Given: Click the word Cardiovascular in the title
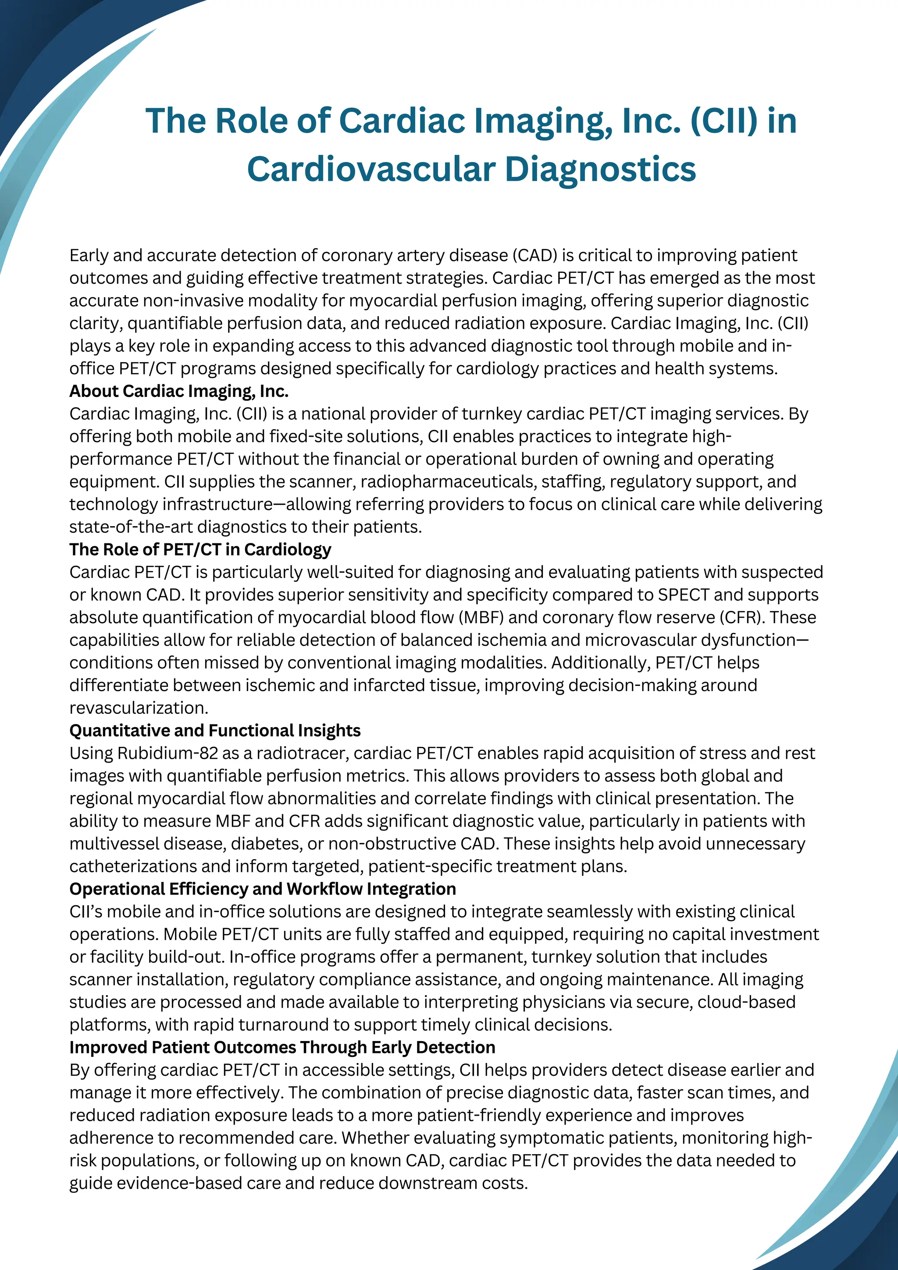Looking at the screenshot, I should [371, 169].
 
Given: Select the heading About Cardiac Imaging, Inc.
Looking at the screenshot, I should [178, 391].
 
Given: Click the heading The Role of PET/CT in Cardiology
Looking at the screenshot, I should [200, 549].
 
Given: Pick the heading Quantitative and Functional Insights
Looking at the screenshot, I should [214, 730].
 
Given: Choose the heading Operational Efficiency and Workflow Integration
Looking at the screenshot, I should [263, 888].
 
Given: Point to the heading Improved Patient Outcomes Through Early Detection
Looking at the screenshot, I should [282, 1047].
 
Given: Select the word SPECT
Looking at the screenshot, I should [683, 595].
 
